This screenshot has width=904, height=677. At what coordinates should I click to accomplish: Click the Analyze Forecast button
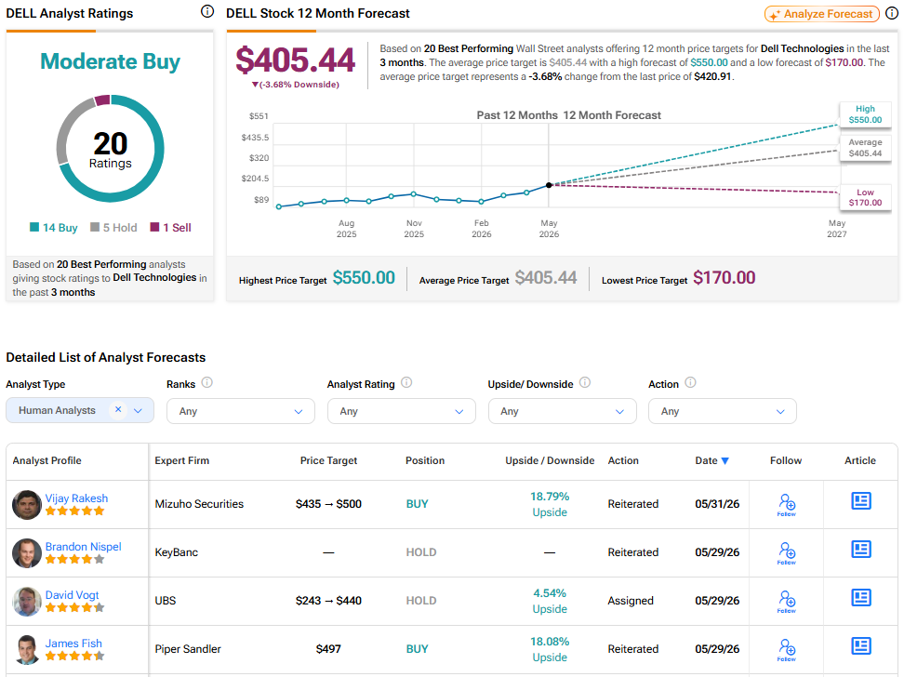click(821, 14)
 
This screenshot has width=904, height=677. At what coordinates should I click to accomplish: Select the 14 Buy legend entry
click(54, 228)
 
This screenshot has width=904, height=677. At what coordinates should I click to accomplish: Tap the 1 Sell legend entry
click(170, 228)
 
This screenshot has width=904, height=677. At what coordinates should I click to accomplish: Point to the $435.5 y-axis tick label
click(255, 138)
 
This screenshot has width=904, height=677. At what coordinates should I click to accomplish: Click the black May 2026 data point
click(549, 185)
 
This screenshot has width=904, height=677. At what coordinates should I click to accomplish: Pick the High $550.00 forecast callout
click(865, 114)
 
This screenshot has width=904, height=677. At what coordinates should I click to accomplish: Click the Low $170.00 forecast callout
click(865, 197)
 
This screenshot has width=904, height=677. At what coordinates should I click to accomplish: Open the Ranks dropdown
click(240, 411)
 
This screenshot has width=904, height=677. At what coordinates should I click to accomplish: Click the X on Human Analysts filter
click(118, 409)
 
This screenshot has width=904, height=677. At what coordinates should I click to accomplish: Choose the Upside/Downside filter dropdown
click(562, 411)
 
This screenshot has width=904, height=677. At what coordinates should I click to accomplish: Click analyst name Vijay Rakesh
click(76, 498)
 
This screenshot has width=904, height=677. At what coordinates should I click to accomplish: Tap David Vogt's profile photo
click(27, 602)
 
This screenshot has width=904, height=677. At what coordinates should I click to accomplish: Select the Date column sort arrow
click(725, 460)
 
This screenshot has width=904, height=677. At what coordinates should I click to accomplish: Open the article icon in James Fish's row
click(861, 646)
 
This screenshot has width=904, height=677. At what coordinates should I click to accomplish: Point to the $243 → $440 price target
click(328, 601)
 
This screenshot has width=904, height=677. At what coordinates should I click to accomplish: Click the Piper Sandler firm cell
click(188, 649)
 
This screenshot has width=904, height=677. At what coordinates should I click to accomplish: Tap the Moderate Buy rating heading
click(110, 61)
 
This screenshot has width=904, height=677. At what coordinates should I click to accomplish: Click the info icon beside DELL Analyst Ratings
click(207, 11)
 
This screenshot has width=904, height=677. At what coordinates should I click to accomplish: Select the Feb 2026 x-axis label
click(482, 229)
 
